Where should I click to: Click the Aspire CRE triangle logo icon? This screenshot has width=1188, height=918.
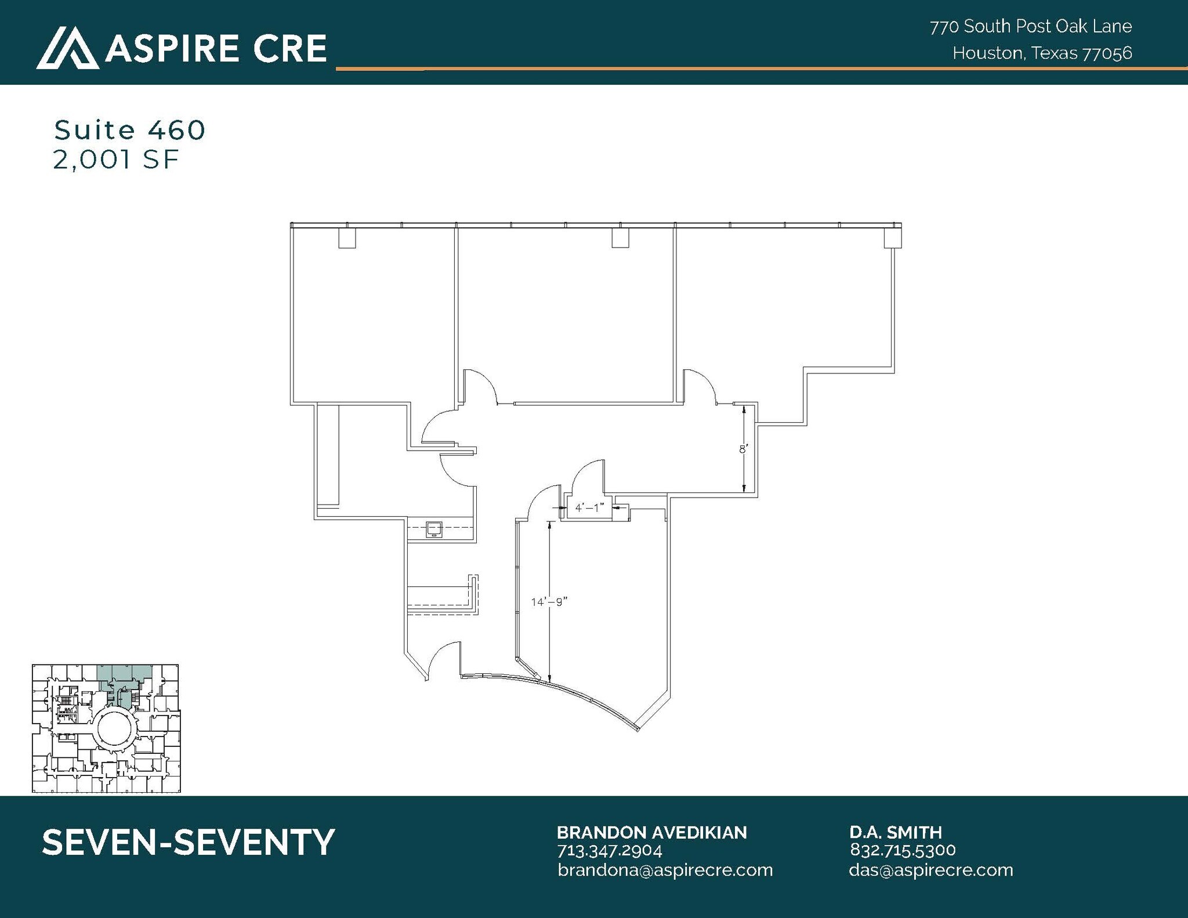click(x=67, y=48)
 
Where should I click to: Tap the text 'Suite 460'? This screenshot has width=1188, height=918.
click(x=129, y=130)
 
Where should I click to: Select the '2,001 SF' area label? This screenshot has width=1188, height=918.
click(x=115, y=159)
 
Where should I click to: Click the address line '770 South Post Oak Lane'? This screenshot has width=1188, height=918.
click(x=1030, y=27)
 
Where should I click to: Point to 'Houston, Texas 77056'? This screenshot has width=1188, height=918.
click(x=1042, y=53)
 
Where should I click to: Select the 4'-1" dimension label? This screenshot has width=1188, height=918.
click(x=589, y=508)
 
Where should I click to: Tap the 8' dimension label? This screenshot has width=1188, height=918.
click(x=743, y=449)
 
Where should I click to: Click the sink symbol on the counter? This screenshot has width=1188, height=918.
click(x=433, y=529)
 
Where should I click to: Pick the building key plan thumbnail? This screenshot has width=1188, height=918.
click(x=106, y=728)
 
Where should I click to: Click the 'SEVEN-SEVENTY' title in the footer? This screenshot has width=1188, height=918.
click(x=189, y=842)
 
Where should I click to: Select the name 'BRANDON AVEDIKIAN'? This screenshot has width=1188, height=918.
click(x=651, y=833)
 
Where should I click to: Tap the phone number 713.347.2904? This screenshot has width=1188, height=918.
click(x=609, y=850)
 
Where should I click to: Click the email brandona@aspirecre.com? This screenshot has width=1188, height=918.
click(x=665, y=870)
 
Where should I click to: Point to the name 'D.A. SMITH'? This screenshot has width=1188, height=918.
click(x=896, y=833)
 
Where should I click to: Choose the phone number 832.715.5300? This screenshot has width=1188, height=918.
click(x=903, y=850)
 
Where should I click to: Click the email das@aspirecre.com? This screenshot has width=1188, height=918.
click(x=930, y=870)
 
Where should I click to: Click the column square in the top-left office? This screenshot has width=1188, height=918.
click(x=347, y=238)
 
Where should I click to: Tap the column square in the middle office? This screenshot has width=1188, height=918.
click(x=620, y=238)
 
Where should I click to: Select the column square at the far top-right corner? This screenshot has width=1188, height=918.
click(x=892, y=238)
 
